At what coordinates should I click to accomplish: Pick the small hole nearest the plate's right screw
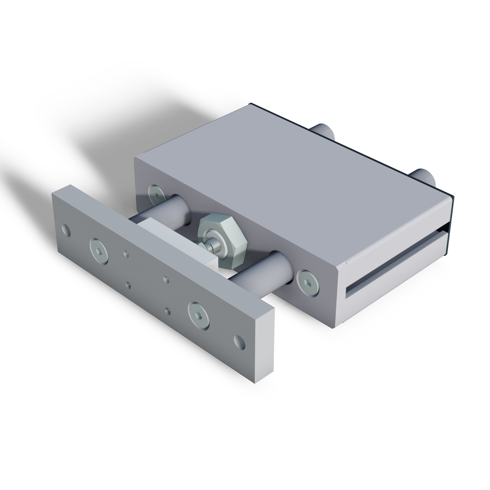(x=169, y=310)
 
